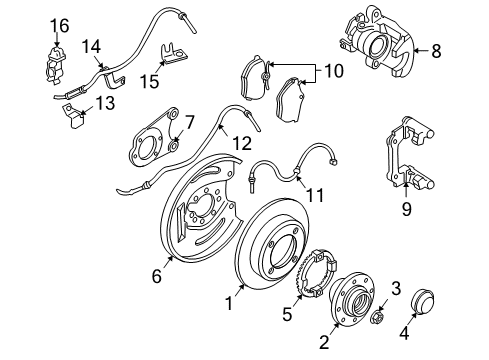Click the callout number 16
point(60,24)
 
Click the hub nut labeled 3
point(381,317)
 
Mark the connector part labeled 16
point(57,61)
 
